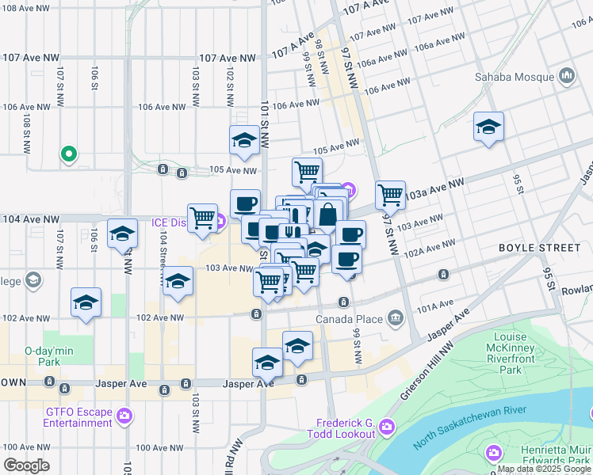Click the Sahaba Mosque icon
[x=567, y=77]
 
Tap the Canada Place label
[x=349, y=320]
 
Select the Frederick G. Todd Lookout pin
[x=386, y=428]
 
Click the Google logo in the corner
[x=27, y=465]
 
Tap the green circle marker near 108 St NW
[x=69, y=154]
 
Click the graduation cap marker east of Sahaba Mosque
[x=488, y=127]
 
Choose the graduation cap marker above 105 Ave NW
[x=244, y=140]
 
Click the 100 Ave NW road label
[x=161, y=447]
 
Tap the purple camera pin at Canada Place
[x=396, y=319]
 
